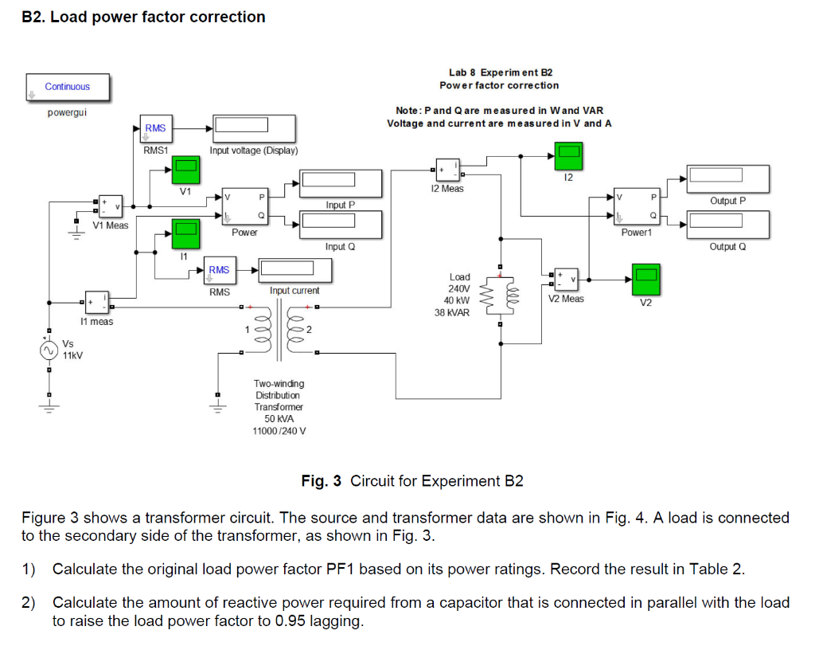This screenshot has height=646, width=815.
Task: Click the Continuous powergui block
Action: point(67,88)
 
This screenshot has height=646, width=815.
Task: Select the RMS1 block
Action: point(155,128)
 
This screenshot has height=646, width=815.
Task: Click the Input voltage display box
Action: point(253,128)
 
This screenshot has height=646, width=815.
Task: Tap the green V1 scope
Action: point(185,169)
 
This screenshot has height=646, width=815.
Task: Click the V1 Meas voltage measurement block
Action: point(109,207)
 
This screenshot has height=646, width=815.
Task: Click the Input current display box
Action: point(294,272)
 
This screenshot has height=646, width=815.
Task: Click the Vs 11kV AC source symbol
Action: point(48,350)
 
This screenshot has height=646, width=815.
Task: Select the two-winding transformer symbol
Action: point(279,331)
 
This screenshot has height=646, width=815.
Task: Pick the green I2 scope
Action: point(568,156)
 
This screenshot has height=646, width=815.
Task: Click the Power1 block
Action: point(636,207)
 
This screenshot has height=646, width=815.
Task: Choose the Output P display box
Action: point(728,179)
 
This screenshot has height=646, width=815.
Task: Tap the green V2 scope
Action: point(645,280)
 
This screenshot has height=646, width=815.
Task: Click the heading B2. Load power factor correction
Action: point(143,17)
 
